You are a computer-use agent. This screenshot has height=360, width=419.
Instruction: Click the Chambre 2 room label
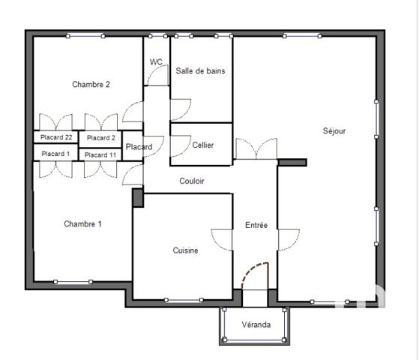pos(91,85)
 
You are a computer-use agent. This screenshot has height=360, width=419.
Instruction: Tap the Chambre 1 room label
pos(82,223)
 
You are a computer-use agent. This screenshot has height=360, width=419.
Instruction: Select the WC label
pos(156,62)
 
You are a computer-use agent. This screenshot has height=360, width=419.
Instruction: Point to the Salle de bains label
pos(200,71)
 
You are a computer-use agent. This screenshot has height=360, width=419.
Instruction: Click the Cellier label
pos(202,145)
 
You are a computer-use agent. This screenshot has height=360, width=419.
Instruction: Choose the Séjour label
pos(334,131)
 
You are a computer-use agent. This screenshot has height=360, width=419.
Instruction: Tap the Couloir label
pos(192,181)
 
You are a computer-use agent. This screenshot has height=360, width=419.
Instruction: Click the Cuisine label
pos(185,250)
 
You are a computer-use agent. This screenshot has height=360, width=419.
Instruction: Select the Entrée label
pos(256,225)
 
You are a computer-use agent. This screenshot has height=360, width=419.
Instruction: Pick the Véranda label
pos(256,325)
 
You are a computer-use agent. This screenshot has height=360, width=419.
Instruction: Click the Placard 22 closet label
pos(57,137)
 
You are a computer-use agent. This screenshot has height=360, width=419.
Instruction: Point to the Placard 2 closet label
pos(101,137)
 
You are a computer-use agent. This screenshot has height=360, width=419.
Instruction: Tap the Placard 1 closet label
pos(55,154)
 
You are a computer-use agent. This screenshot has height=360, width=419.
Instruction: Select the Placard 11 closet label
pos(101,154)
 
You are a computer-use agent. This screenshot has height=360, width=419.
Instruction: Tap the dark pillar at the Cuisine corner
pos(137,197)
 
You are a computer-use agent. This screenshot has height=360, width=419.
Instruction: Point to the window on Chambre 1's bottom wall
pos(73,282)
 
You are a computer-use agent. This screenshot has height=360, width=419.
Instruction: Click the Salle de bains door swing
pos(179,109)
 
